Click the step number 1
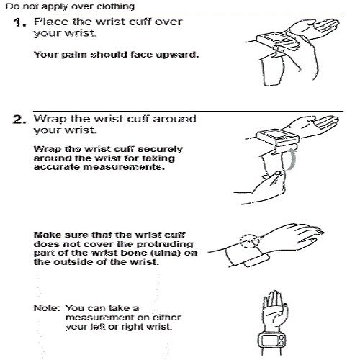coord(19,23)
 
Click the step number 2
coord(19,120)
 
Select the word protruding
coord(165,244)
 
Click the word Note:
coord(47,308)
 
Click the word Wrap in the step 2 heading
coord(50,119)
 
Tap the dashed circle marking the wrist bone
coord(250,240)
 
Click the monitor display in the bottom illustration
coord(269,341)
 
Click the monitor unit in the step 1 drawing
coord(276,41)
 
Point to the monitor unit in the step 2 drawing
coord(278,138)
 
